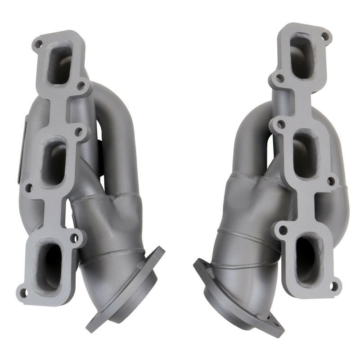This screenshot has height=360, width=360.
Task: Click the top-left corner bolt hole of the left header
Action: pyautogui.click(x=39, y=44)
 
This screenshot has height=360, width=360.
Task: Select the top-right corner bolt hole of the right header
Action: pyautogui.click(x=325, y=35)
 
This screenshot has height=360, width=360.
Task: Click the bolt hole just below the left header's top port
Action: pyautogui.click(x=81, y=85)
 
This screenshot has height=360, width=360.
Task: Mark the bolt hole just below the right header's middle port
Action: pyautogui.click(x=332, y=181)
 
